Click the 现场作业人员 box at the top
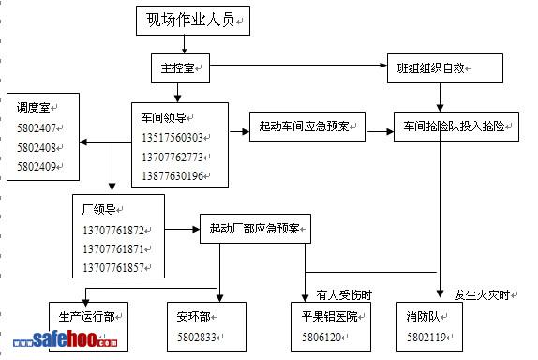(x=193, y=21)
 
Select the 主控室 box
(x=181, y=68)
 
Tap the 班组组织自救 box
(x=445, y=68)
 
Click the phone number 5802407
(x=37, y=128)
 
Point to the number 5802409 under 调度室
(x=37, y=167)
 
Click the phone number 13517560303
(x=172, y=138)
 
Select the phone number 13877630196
(x=172, y=176)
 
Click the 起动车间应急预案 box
(x=307, y=127)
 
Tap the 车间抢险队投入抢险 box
(x=456, y=127)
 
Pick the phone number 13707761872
(x=113, y=231)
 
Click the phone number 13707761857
(x=113, y=268)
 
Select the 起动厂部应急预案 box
(x=255, y=229)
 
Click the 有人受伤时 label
(x=344, y=294)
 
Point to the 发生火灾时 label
(x=482, y=294)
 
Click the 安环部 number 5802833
(x=197, y=337)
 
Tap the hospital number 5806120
(x=321, y=337)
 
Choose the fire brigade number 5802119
(x=426, y=337)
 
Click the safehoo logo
(x=66, y=339)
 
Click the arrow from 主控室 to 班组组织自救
(x=298, y=65)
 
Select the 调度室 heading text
(x=34, y=108)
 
